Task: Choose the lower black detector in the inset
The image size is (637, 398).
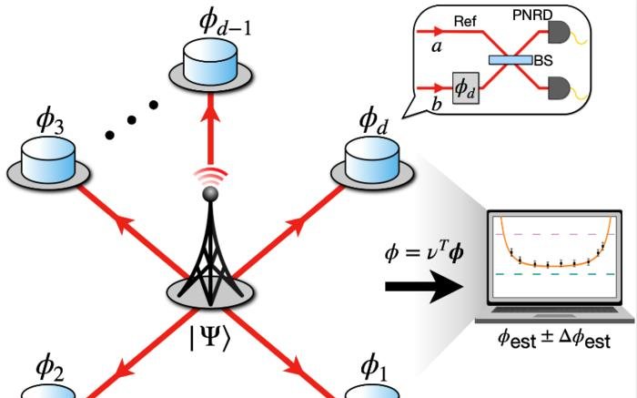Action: click(558, 87)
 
